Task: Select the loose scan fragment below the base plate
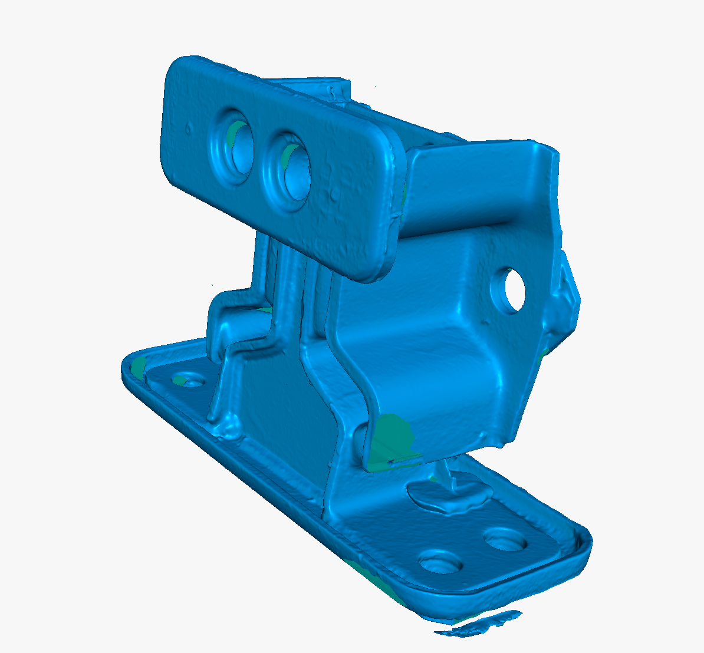(x=478, y=626)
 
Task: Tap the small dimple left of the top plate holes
(x=187, y=126)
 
